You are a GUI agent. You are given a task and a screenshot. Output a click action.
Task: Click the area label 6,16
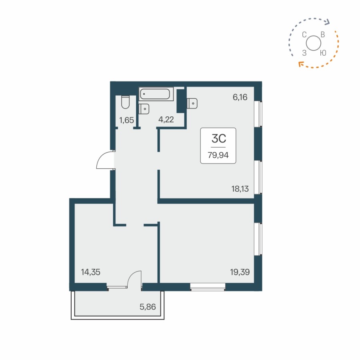pos(241,96)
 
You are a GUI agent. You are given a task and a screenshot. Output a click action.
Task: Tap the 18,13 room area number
pos(240,189)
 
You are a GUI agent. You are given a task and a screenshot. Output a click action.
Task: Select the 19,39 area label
pos(240,272)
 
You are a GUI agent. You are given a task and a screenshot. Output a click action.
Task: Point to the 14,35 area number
pos(90,272)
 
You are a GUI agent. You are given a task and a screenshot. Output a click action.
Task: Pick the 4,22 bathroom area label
pos(166,119)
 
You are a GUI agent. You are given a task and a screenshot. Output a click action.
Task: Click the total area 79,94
pos(218,156)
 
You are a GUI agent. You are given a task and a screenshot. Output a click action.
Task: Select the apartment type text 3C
pos(218,139)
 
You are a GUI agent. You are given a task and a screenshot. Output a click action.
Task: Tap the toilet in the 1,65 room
pos(125,102)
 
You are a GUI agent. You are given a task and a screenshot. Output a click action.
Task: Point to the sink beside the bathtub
pos(144,108)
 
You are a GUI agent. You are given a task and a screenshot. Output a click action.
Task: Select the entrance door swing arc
pos(105,161)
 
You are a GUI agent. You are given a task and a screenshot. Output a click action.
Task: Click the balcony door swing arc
pos(134,278)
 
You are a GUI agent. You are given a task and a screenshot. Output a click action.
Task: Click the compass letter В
pos(323,35)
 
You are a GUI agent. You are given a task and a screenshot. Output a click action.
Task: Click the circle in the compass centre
pos(313,43)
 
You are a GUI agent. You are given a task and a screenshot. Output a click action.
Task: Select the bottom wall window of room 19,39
pos(208,286)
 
